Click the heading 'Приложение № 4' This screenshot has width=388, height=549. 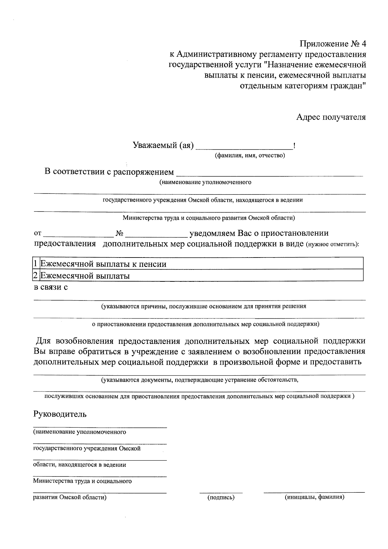[333, 44]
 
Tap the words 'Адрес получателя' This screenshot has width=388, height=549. [331, 117]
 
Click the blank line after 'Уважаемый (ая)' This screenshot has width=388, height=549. [244, 147]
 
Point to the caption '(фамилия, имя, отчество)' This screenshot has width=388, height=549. [250, 156]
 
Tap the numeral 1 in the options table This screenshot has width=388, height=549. [36, 264]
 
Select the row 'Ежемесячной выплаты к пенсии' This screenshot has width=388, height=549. [103, 264]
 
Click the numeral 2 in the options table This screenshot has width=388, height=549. [36, 276]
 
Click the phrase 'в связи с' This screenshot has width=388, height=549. [51, 287]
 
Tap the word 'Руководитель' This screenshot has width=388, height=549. [60, 414]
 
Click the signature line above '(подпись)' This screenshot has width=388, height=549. [221, 493]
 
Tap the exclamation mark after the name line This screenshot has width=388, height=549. [294, 146]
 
